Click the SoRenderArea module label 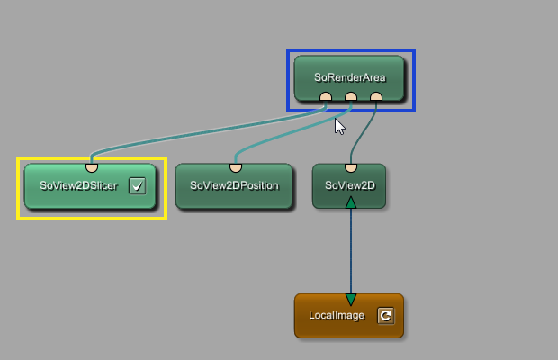[350, 77]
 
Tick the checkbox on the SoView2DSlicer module [137, 186]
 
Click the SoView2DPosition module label [234, 186]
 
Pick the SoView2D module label [349, 186]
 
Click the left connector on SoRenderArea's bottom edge [326, 97]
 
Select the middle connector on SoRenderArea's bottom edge [351, 97]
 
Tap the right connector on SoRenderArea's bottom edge [376, 97]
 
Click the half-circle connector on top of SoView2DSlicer [91, 166]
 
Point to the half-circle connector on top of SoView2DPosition [235, 166]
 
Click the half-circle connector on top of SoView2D [351, 166]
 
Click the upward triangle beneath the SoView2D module [351, 202]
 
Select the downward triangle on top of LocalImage [351, 299]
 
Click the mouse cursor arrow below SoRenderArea [339, 126]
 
